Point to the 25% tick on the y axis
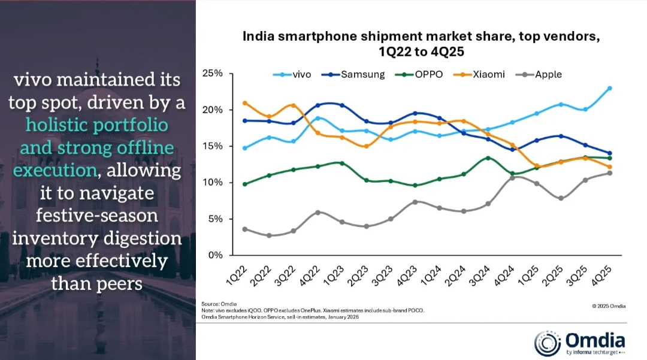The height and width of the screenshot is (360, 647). [212, 74]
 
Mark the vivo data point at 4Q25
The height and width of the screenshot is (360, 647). [610, 88]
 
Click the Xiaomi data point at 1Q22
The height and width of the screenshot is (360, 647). [244, 103]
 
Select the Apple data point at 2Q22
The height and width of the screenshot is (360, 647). [269, 235]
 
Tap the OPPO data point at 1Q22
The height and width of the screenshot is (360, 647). [244, 184]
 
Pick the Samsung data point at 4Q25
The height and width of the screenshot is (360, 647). [610, 153]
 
